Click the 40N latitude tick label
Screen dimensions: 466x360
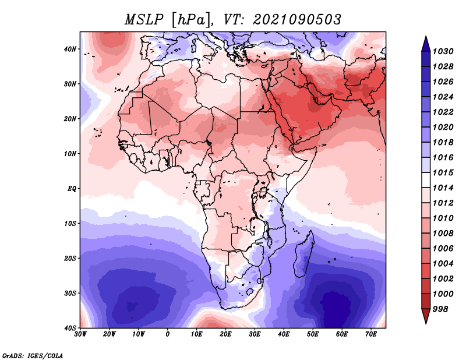(x=70, y=49)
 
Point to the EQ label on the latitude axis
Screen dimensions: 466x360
(x=72, y=189)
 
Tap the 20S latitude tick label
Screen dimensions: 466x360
(x=70, y=258)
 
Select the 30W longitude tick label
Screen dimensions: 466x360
(x=80, y=334)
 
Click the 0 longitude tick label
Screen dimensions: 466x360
(x=168, y=334)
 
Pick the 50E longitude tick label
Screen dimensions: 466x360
(x=313, y=334)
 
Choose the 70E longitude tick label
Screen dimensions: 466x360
(x=371, y=334)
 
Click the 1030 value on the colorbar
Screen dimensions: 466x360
(x=443, y=51)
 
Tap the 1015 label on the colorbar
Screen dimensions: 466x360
(x=443, y=172)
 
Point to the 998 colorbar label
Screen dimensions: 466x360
(x=440, y=309)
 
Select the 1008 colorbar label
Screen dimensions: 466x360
(x=443, y=234)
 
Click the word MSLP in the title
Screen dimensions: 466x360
(x=144, y=20)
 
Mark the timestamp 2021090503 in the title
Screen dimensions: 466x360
(x=297, y=20)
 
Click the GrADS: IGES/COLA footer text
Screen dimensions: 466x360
(x=33, y=355)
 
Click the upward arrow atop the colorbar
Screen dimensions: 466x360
(x=426, y=44)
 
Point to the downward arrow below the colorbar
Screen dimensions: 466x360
(x=426, y=316)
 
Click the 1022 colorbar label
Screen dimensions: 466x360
(x=443, y=112)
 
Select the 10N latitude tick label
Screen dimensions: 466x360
(x=70, y=154)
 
